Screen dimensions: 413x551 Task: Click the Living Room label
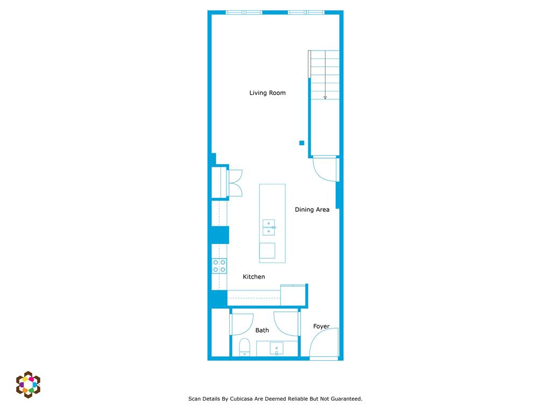click(x=267, y=93)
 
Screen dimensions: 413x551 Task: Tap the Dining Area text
click(x=312, y=210)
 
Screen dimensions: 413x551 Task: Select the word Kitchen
click(x=253, y=277)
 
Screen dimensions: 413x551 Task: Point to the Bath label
click(x=262, y=330)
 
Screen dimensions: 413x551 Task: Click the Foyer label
click(x=321, y=326)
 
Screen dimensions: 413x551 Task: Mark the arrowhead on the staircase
click(x=325, y=97)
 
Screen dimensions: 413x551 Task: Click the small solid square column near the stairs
click(x=302, y=143)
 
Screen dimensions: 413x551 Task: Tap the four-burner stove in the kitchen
click(x=219, y=266)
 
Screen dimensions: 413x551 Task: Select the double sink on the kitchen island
click(x=269, y=227)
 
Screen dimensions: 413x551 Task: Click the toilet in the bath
click(x=244, y=347)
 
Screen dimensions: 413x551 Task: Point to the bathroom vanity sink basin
click(x=277, y=349)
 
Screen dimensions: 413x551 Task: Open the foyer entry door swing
click(x=323, y=344)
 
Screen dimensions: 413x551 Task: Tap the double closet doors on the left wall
click(x=236, y=183)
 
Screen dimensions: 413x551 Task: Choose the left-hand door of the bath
click(x=242, y=324)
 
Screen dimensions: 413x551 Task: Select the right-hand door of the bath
click(x=286, y=323)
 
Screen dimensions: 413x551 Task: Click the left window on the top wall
click(x=244, y=12)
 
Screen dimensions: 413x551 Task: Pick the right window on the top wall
click(x=306, y=12)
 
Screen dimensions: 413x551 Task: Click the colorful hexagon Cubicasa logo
click(x=28, y=384)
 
